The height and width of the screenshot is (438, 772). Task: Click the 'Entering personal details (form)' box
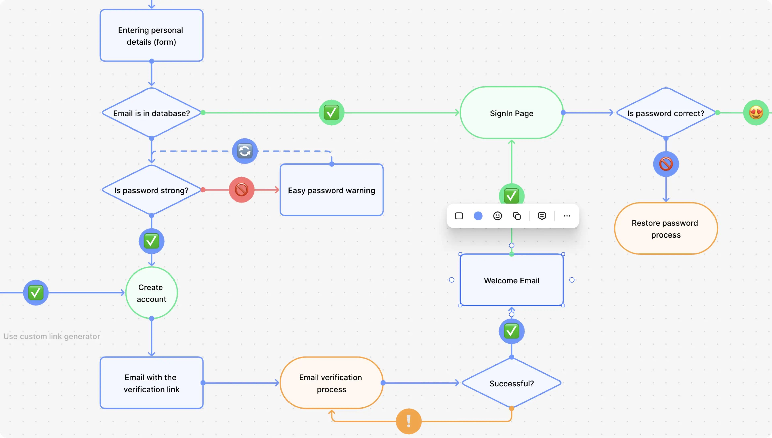coord(151,36)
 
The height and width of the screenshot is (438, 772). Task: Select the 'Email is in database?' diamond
coord(151,113)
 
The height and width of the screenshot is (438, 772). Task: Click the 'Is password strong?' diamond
coord(151,190)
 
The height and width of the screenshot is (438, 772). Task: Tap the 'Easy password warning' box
coord(331,190)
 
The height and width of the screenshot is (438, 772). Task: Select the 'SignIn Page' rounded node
coord(511,113)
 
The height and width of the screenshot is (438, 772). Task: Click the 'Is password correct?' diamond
coord(665,113)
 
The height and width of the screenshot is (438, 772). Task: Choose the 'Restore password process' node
coord(665,229)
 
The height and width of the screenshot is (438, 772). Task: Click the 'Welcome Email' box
coord(511,280)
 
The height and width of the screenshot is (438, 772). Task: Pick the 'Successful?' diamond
coord(511,383)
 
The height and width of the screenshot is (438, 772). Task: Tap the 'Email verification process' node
coord(331,383)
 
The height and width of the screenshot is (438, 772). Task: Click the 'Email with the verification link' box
coord(151,383)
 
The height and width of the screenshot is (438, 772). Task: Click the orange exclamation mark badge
coord(408,421)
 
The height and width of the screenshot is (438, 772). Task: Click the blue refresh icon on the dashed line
coord(244,151)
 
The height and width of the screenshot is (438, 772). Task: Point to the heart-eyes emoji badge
coord(756,113)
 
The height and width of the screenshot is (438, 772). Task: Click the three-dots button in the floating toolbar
coord(567,216)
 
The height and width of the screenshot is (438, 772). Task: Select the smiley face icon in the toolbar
coord(497,216)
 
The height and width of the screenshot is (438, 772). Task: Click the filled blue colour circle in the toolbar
coord(478,216)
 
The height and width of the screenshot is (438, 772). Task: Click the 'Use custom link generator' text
coord(52,336)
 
